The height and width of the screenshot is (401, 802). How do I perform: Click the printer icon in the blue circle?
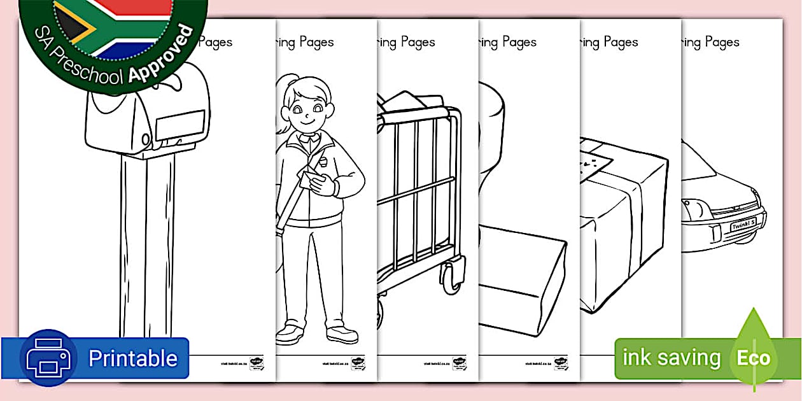pos(48,358)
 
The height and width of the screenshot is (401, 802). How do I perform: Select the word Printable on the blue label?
pos(132,358)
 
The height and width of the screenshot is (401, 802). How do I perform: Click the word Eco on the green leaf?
pos(754,358)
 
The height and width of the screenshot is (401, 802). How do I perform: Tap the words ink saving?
pos(671,358)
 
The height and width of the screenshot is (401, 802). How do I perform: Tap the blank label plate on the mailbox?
pos(180,125)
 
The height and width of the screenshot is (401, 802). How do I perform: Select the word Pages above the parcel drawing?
pos(621,43)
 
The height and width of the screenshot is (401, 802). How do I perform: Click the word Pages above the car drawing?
pos(722,43)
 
